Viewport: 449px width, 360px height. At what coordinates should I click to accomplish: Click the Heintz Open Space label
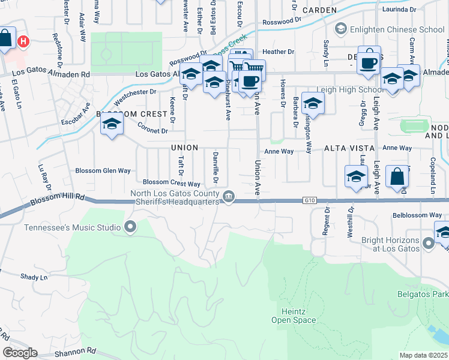click(297, 316)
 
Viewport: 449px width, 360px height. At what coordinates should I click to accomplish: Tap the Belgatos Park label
click(423, 294)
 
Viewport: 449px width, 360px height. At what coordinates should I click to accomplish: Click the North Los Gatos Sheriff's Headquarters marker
click(229, 196)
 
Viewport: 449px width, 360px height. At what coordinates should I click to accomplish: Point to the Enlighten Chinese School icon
click(340, 29)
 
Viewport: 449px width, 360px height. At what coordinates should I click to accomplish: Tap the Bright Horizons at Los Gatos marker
click(428, 243)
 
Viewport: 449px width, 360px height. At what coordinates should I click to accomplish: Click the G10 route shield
click(309, 200)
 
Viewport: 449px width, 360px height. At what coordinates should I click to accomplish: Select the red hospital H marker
click(23, 41)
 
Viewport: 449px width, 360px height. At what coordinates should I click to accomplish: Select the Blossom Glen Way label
click(103, 170)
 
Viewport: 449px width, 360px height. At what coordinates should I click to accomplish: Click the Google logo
click(20, 352)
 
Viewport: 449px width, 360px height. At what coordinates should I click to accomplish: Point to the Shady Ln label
click(34, 277)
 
